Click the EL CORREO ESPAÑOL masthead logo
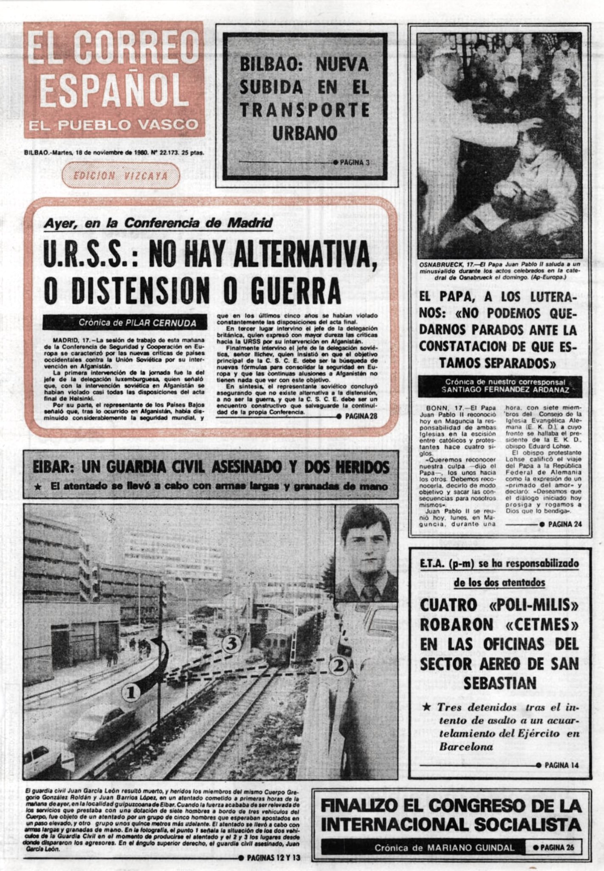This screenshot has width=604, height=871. [114, 80]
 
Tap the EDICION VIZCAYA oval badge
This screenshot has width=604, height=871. [121, 176]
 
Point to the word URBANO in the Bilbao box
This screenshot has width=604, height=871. [305, 134]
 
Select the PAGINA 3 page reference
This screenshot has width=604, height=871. [354, 162]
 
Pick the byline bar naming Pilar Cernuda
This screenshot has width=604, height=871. [125, 323]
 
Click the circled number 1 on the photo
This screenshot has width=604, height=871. [131, 693]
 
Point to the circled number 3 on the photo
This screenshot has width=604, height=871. [232, 644]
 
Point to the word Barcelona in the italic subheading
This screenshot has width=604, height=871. [466, 747]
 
